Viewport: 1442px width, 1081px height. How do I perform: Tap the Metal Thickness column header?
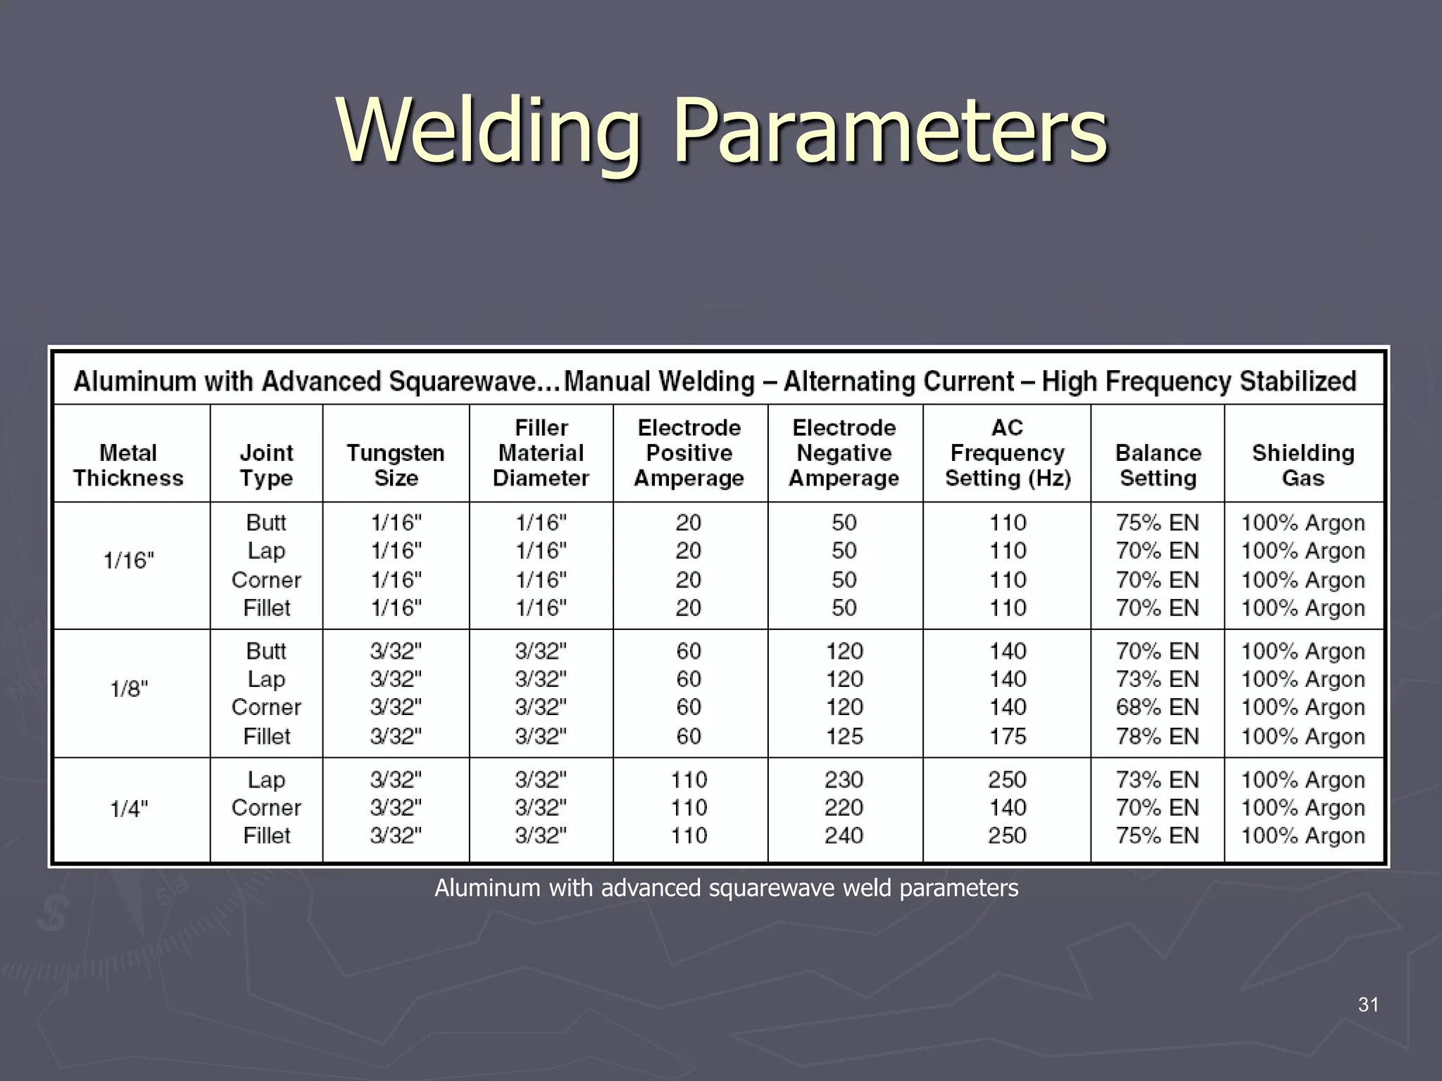click(128, 465)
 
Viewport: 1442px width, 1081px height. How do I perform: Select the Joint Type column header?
click(266, 465)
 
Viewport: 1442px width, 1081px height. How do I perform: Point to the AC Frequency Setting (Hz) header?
click(1008, 453)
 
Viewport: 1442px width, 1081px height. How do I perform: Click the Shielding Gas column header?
click(1303, 465)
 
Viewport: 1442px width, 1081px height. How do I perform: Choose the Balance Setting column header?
click(1158, 465)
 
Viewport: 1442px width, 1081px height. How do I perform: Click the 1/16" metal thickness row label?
click(129, 561)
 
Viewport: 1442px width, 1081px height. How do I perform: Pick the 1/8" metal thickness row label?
click(129, 689)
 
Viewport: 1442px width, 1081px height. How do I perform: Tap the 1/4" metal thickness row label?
click(129, 809)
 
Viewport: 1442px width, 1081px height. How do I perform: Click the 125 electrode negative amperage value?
click(844, 736)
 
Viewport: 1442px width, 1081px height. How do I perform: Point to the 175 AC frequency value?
click(1008, 736)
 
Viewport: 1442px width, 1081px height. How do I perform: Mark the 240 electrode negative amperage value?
click(844, 836)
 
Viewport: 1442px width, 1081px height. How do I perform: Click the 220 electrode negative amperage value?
click(844, 808)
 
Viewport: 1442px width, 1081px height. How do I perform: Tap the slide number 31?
click(1368, 1005)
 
